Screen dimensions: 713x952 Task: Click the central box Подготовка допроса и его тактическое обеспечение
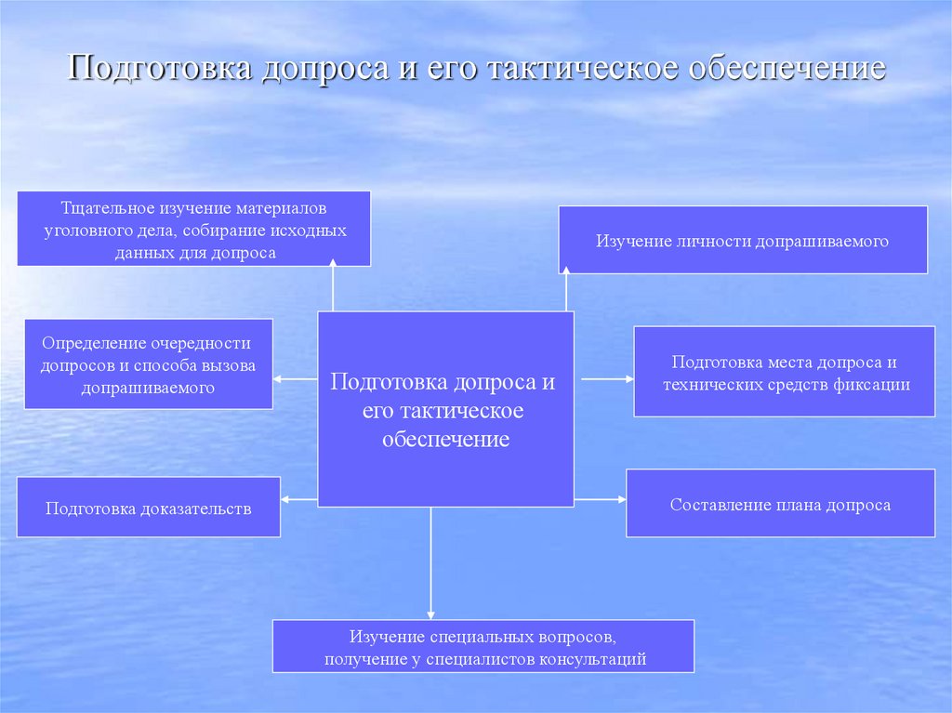coord(445,410)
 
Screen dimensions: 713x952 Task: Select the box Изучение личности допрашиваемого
coord(742,241)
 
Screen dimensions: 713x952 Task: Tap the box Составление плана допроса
coord(780,505)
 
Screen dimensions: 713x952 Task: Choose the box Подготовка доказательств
coord(149,508)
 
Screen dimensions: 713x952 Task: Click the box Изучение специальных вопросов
coord(483,647)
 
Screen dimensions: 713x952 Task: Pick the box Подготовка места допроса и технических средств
coord(785,372)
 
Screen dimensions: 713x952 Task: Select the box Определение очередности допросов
coord(148,364)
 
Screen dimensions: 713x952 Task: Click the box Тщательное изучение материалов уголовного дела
coord(194,229)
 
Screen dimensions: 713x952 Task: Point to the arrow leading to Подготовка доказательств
coord(298,500)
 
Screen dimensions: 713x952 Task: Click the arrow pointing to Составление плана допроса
coord(601,500)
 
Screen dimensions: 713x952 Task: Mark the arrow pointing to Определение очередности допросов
coord(296,378)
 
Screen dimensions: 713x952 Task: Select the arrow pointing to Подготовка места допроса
coord(604,378)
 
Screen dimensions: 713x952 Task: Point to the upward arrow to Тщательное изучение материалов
coord(333,287)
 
